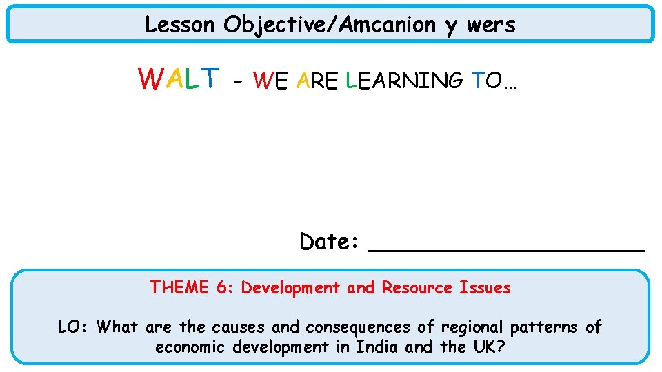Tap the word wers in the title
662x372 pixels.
(491, 25)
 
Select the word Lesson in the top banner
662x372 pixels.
(180, 25)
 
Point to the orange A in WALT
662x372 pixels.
(174, 79)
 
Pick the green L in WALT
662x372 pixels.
(192, 79)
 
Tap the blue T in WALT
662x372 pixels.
(210, 79)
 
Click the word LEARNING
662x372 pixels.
(403, 81)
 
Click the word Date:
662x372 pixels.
(329, 242)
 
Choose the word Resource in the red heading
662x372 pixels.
(417, 287)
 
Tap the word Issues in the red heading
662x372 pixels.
(485, 287)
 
